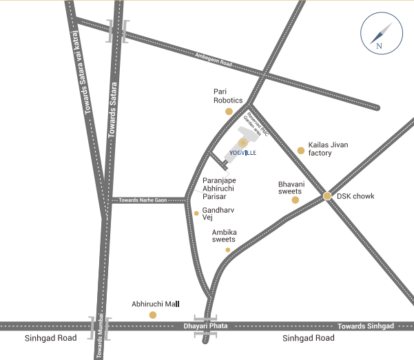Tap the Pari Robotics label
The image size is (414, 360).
(228, 95)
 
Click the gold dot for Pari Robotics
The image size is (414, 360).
(229, 111)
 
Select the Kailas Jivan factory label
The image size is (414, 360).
(329, 149)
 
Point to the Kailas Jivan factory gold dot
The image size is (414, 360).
(300, 150)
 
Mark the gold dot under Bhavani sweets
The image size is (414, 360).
(296, 200)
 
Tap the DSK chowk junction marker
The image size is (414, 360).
(327, 196)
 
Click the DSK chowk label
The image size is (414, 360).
(355, 196)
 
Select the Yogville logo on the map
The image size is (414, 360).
(242, 146)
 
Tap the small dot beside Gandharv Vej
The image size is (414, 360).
(196, 213)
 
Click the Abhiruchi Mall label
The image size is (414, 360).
(155, 304)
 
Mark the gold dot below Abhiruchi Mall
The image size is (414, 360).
(153, 315)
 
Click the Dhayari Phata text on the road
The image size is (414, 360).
(205, 326)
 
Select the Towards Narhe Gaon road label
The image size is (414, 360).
(143, 200)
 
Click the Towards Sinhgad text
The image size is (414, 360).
(366, 325)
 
